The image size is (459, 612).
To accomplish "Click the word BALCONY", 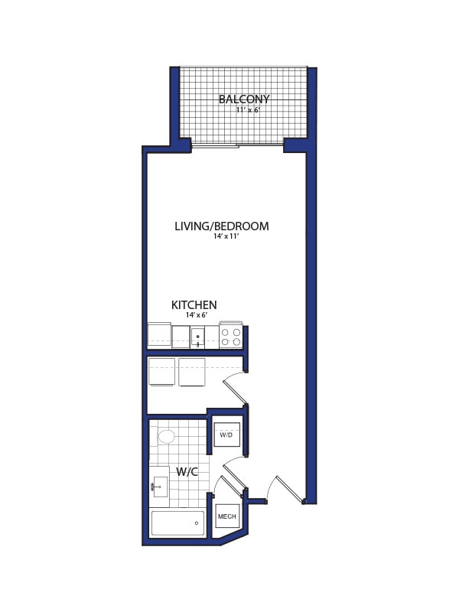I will pos(244,99).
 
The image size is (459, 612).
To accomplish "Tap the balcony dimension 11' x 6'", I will pos(248,110).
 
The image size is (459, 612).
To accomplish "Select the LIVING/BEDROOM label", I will pos(222,226).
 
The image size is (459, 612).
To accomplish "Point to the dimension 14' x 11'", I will pos(226,236).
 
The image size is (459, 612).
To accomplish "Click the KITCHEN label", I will pos(194,305).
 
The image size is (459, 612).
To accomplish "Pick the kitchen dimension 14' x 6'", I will pos(197,315).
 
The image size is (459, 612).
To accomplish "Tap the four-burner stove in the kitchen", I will pos(231,337).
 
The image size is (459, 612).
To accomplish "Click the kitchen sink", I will pos(197,337).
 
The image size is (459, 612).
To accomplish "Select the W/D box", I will pos(226,435).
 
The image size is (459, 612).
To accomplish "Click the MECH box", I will pos(227,516).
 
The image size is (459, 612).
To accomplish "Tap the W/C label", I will pos(187,472).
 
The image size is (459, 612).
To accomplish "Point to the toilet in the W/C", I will pos(165,436).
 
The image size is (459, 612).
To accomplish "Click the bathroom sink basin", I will pos(160,487).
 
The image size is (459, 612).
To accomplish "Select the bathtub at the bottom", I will pos(177,523).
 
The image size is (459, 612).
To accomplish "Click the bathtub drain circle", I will pos(197,523).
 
